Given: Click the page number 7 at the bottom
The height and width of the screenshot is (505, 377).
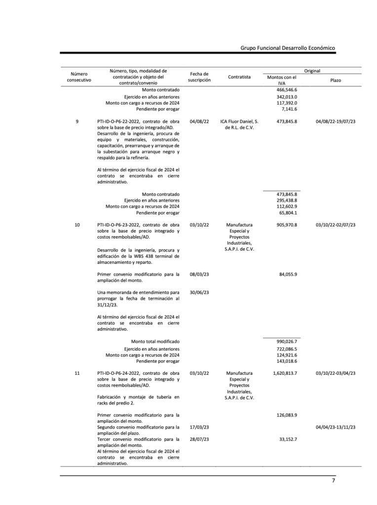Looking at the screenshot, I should click(334, 480).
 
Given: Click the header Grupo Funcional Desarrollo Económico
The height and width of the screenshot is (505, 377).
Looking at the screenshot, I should click(288, 48).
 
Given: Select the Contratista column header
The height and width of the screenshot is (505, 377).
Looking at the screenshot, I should click(239, 77).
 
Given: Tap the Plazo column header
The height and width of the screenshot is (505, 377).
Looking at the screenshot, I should click(336, 80).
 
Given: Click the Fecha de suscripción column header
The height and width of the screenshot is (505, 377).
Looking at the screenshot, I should click(199, 77).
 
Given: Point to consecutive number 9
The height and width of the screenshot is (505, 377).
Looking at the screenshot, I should click(77, 121).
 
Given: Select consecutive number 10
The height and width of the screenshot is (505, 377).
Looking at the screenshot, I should click(77, 225).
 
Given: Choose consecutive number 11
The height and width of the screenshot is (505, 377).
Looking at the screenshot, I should click(77, 373).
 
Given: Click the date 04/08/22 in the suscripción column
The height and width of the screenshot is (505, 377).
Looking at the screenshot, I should click(199, 121).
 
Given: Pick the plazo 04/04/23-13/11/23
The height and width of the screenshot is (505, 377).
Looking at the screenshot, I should click(336, 427).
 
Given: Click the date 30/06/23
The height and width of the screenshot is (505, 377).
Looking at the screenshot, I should click(199, 292).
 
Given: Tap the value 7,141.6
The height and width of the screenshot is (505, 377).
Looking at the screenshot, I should click(289, 109).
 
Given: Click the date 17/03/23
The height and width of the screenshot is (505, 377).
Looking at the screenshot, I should click(199, 427).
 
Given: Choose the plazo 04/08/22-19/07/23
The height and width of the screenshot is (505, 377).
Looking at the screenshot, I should click(336, 121).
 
